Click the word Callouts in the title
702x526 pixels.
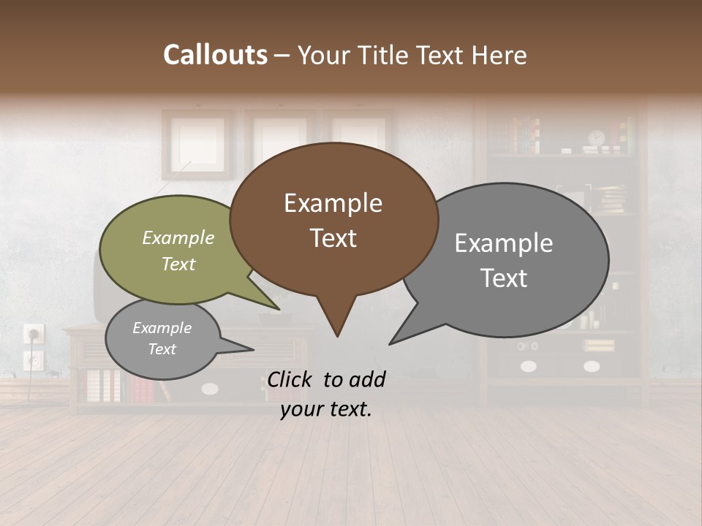(215, 55)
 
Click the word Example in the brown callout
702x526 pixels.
(333, 203)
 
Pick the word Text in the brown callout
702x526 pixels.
(333, 238)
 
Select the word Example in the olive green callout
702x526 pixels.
(178, 238)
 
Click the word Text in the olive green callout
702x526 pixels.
(178, 264)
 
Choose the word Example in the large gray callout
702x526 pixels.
(504, 243)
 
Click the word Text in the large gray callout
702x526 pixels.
(504, 278)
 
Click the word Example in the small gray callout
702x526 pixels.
(162, 328)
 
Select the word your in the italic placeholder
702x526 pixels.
(302, 410)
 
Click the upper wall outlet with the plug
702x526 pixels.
(33, 335)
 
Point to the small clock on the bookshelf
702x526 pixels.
(597, 138)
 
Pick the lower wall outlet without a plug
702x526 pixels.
(33, 359)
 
